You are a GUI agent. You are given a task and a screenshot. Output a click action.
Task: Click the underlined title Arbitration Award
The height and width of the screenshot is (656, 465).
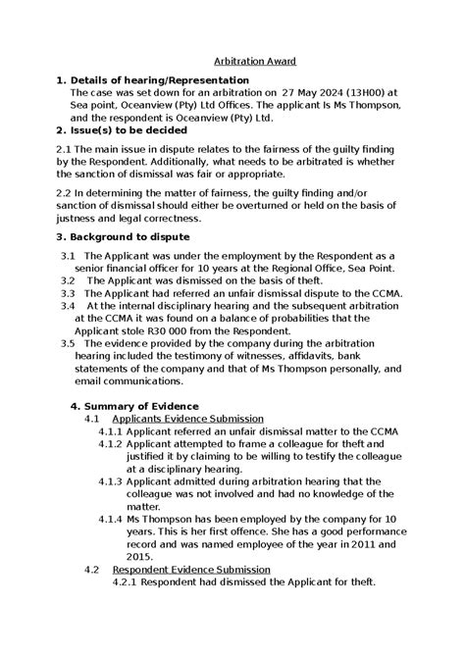(255, 61)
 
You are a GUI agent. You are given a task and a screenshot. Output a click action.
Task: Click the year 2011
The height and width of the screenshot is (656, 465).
(354, 542)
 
